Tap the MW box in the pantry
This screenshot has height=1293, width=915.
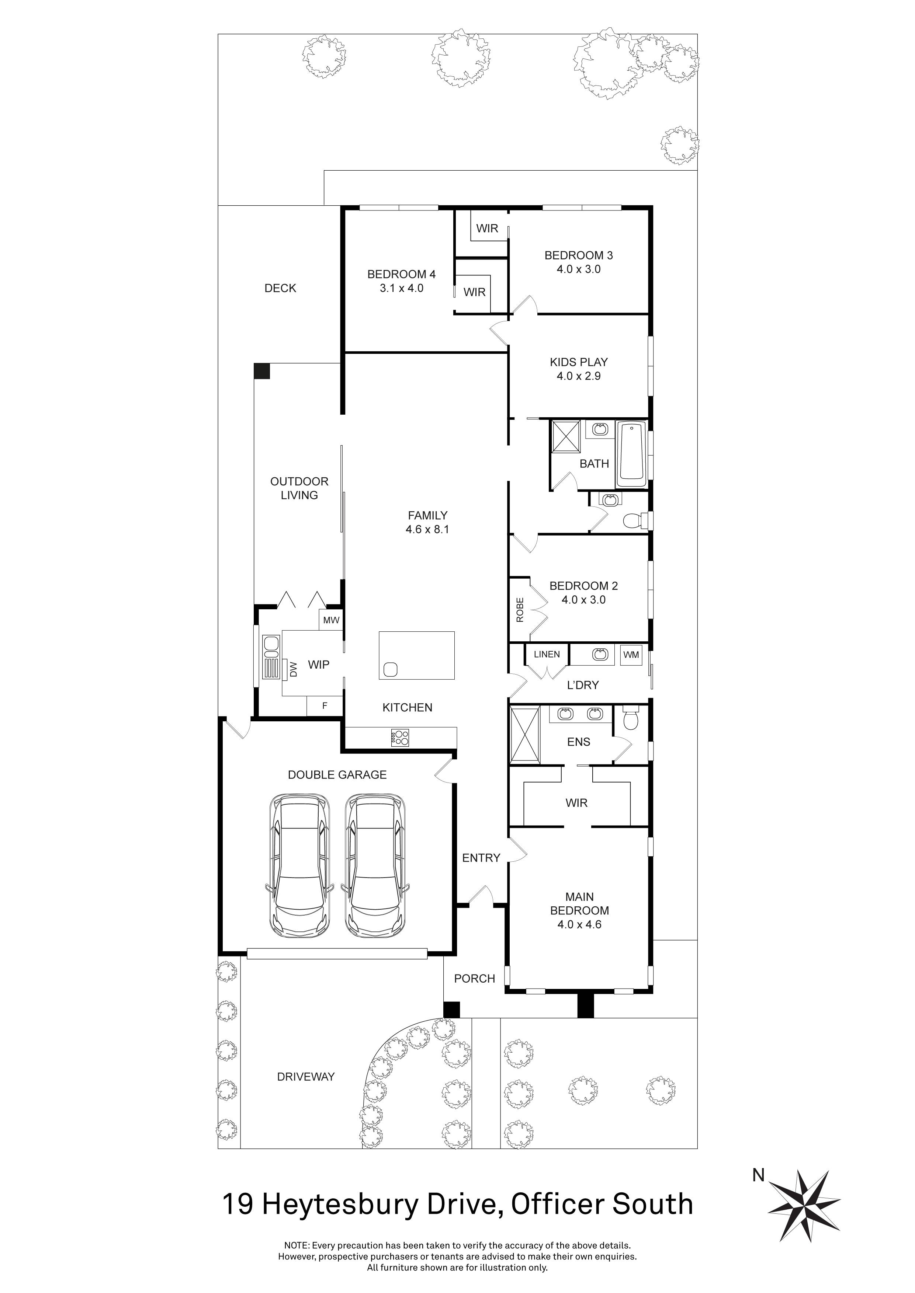coord(331,620)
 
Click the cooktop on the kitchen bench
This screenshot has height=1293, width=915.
coord(400,738)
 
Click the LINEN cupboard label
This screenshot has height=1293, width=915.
coord(547,654)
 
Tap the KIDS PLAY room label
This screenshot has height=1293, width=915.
coord(579,362)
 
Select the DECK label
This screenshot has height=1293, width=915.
coord(280,288)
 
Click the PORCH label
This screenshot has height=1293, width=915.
coord(474,979)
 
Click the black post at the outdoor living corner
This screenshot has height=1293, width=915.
coord(261,371)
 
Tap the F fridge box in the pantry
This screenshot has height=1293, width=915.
coord(325,705)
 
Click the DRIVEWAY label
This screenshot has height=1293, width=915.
coord(305,1077)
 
